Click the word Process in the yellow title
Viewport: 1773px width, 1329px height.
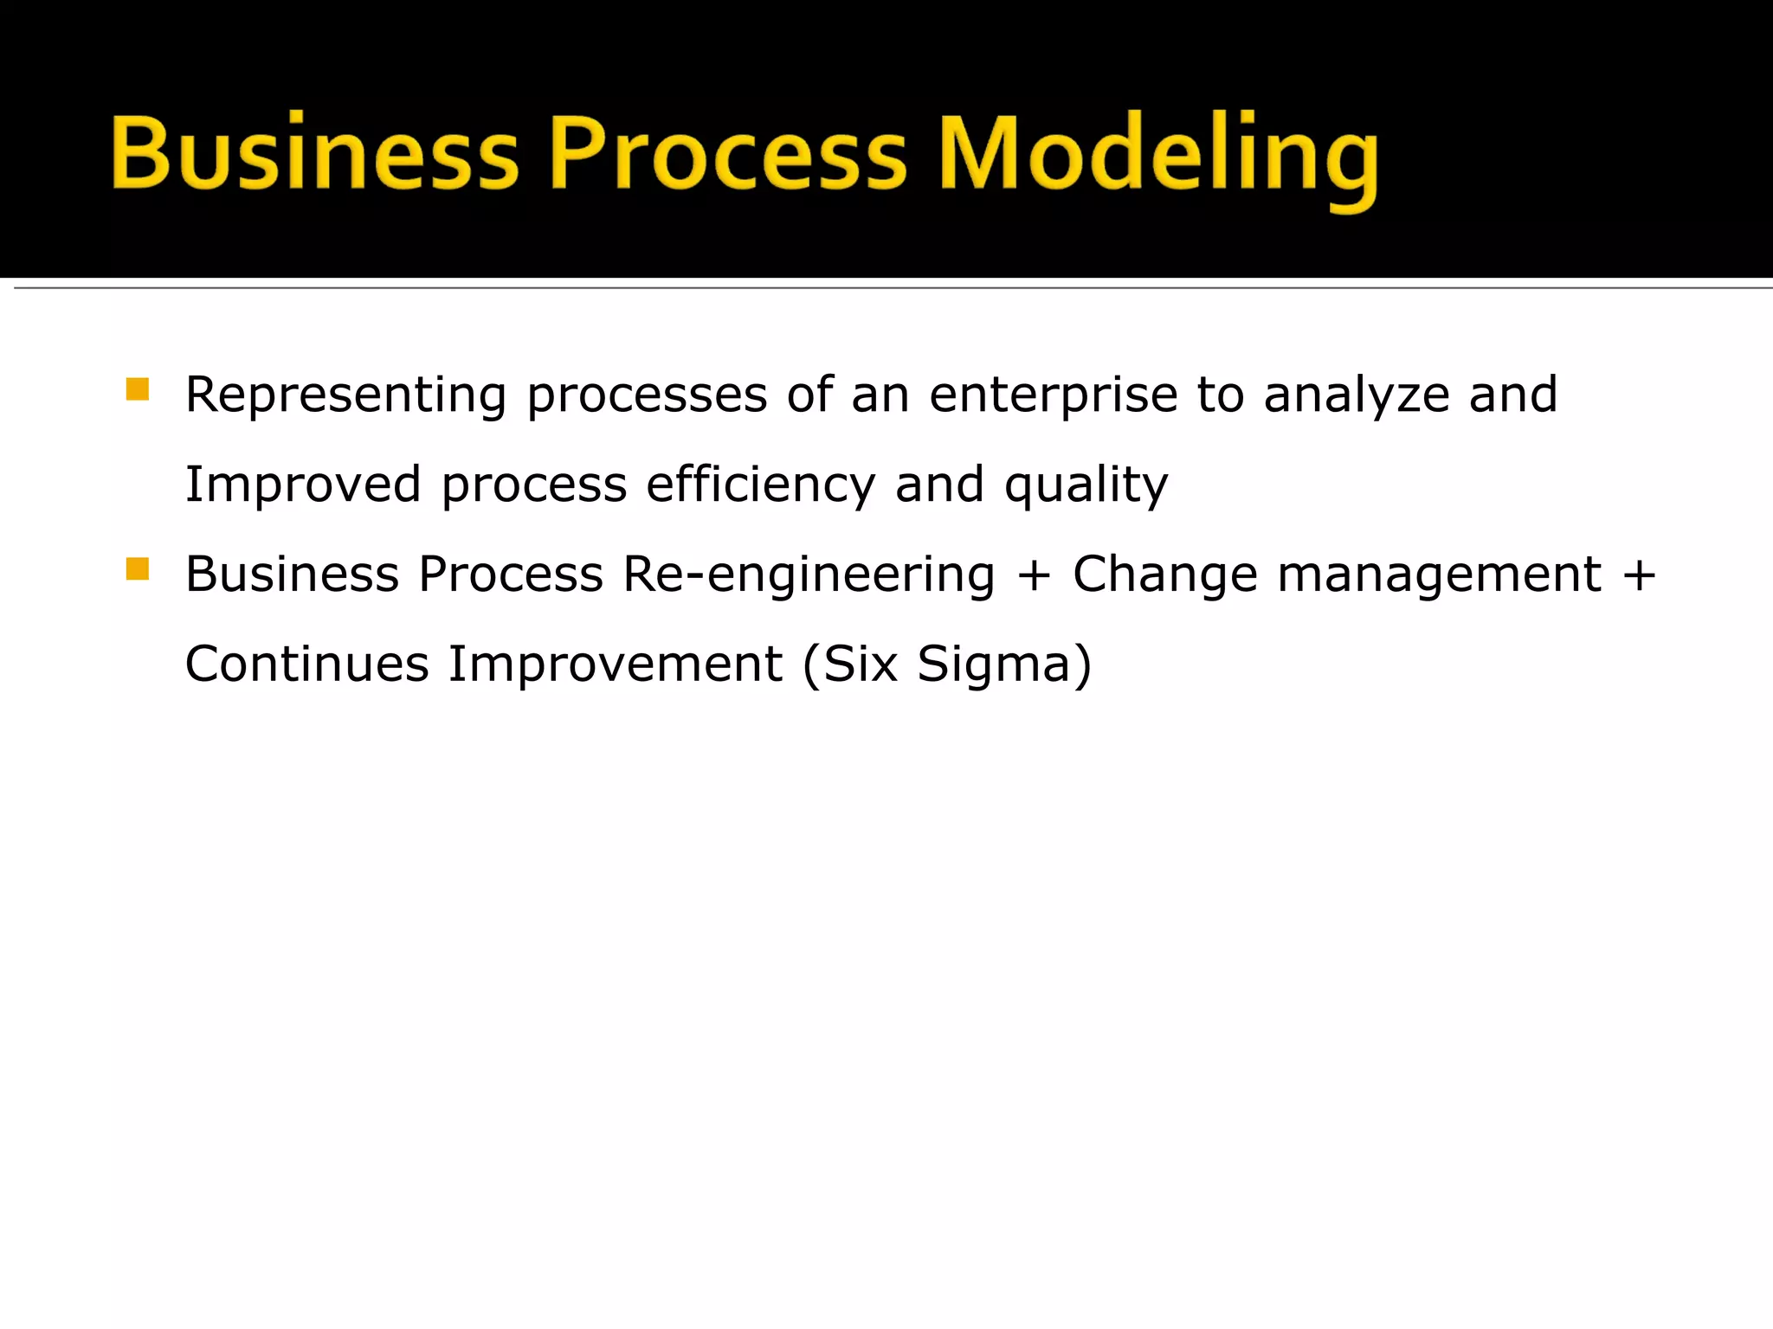728,154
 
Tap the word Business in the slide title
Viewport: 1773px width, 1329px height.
315,154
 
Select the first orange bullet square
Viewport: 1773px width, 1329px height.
138,389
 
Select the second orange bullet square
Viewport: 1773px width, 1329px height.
138,569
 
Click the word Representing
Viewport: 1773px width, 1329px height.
345,396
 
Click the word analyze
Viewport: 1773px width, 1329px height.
1356,396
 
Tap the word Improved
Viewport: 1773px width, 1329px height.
303,485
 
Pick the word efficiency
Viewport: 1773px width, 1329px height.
760,485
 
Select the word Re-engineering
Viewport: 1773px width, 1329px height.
809,575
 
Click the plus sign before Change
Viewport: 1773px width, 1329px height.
1034,575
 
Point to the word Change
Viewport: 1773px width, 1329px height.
1164,575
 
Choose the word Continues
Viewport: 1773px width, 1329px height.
306,664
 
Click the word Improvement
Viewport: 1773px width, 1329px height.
615,664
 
